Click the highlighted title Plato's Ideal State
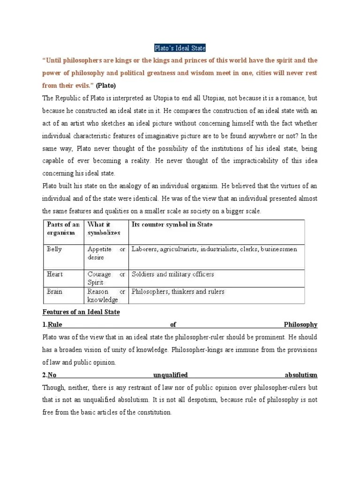coord(180,48)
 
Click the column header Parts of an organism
coord(63,228)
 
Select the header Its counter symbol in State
coord(172,225)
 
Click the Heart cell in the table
coord(55,274)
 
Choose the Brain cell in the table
coord(55,292)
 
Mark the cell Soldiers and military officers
coord(173,274)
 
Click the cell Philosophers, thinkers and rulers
coord(178,292)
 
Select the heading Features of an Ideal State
coord(81,312)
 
